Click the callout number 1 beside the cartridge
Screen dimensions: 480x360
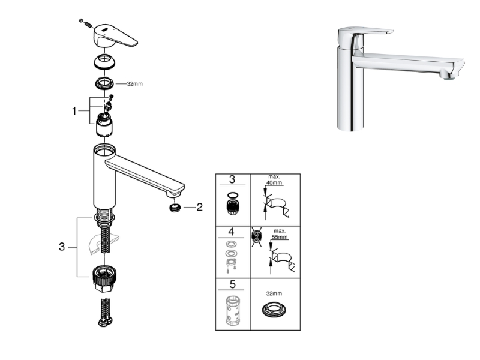(74, 111)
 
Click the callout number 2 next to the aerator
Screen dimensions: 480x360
(200, 207)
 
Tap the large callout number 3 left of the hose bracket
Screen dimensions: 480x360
(62, 247)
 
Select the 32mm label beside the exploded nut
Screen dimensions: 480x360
(134, 83)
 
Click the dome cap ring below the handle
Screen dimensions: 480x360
(104, 62)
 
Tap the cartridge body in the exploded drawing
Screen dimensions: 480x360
(104, 125)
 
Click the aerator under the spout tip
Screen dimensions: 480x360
(175, 208)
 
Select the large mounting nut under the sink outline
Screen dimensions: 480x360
(105, 278)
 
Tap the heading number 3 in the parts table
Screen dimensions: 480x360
(232, 179)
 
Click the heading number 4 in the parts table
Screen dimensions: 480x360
(231, 232)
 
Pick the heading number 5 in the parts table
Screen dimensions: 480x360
(232, 284)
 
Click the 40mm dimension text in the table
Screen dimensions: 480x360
(274, 183)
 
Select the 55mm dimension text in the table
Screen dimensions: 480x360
(280, 237)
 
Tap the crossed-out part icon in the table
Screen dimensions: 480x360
(256, 236)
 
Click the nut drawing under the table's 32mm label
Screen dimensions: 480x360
(274, 310)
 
